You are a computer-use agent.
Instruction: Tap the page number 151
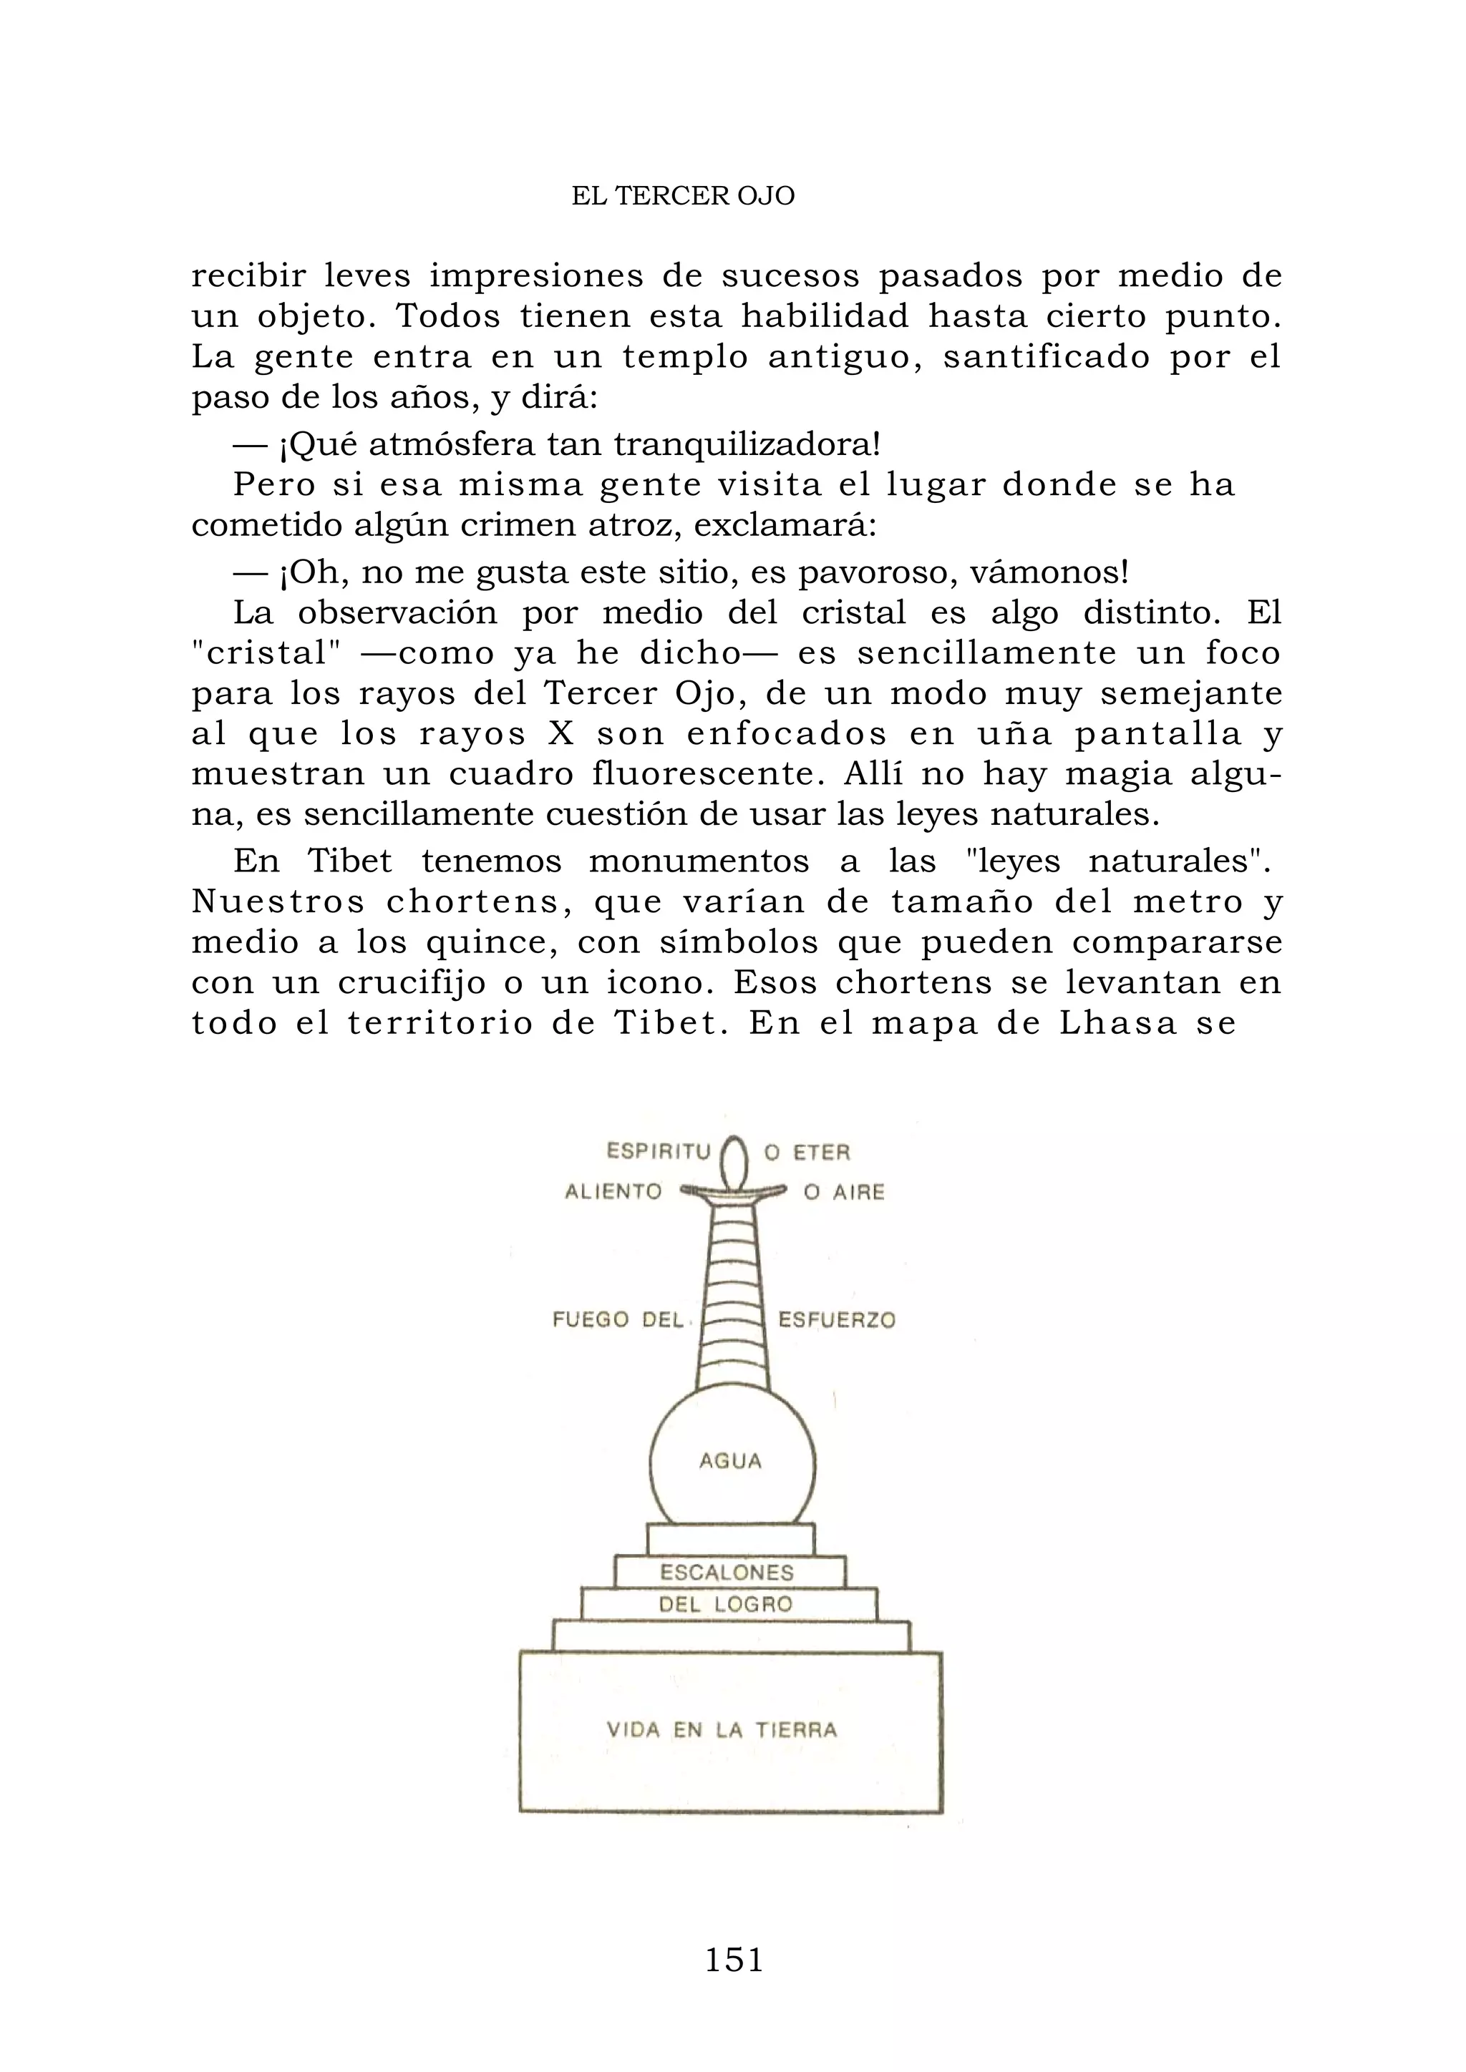(x=733, y=1959)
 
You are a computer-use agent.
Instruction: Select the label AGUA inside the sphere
(x=730, y=1461)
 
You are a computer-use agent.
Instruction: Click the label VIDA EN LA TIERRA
(x=722, y=1730)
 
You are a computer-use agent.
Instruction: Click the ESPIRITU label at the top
(x=659, y=1151)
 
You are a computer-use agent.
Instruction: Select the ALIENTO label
(x=614, y=1192)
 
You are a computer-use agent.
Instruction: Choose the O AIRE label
(x=844, y=1192)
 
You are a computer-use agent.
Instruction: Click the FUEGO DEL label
(x=618, y=1320)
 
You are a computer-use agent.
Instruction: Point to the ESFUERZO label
(x=837, y=1320)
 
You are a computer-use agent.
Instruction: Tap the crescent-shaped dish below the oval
(x=734, y=1193)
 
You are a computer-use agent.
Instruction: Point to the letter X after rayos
(x=560, y=733)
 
